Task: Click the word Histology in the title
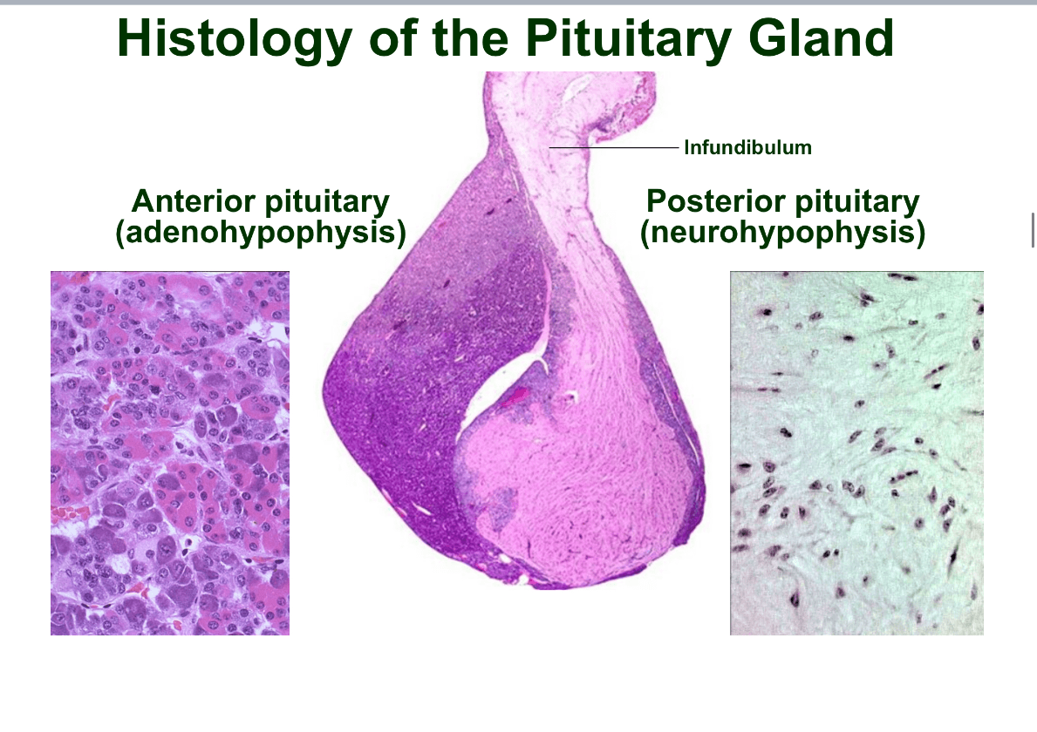[234, 39]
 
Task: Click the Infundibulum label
[747, 147]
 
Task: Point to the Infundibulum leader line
[614, 147]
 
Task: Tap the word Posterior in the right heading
[716, 200]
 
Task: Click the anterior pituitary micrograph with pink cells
[170, 453]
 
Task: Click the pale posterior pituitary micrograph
[856, 453]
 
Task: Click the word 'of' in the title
[392, 39]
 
